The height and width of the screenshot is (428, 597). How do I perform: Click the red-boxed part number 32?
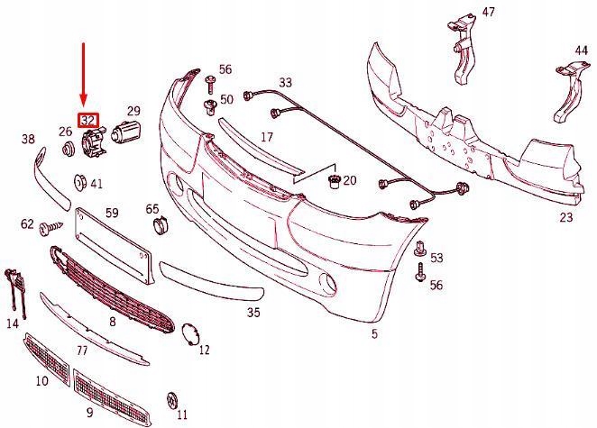(x=88, y=121)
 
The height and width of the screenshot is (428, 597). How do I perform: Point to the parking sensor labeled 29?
(x=126, y=132)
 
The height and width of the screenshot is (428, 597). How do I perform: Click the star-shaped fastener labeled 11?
(x=172, y=400)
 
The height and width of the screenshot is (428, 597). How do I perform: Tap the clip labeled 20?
(x=335, y=182)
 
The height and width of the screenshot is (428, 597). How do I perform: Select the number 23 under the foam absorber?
(x=566, y=217)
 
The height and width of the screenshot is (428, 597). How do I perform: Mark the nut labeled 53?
(x=419, y=250)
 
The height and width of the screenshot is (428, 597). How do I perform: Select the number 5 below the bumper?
(x=375, y=334)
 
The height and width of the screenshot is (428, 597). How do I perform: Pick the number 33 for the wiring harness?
(x=286, y=82)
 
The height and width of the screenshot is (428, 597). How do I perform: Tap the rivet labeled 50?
(x=210, y=106)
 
